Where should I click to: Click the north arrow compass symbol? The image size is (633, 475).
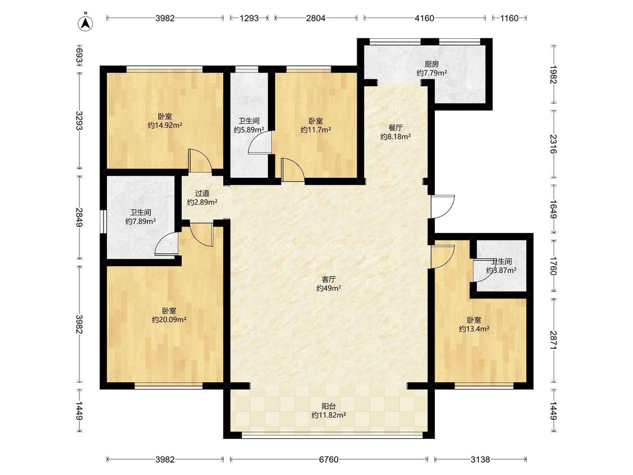[x=85, y=23]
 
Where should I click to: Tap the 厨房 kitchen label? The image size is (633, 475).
[x=432, y=64]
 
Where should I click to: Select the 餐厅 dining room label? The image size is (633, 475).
[x=396, y=128]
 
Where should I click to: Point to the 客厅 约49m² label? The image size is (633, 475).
[x=329, y=284]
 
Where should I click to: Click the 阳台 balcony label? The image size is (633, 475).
[x=329, y=406]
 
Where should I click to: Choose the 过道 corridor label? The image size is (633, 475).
[x=202, y=194]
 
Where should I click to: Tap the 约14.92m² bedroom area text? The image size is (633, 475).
[x=165, y=125]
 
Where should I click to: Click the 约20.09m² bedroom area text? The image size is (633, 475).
[x=169, y=320]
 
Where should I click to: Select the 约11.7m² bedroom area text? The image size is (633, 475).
[x=316, y=129]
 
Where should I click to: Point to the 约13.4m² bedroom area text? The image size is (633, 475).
[x=474, y=329]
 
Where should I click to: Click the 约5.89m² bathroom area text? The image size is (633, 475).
[x=249, y=129]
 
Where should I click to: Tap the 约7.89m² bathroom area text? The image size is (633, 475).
[x=141, y=221]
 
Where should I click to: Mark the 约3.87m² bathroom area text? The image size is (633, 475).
[x=501, y=271]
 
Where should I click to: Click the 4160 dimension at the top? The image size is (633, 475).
[x=425, y=18]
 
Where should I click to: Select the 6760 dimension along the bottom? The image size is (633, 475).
[x=329, y=459]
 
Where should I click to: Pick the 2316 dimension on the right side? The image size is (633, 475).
[x=553, y=144]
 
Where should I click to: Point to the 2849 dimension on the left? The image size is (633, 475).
[x=79, y=217]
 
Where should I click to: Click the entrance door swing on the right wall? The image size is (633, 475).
[x=443, y=207]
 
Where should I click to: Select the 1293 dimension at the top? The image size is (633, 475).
[x=249, y=18]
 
